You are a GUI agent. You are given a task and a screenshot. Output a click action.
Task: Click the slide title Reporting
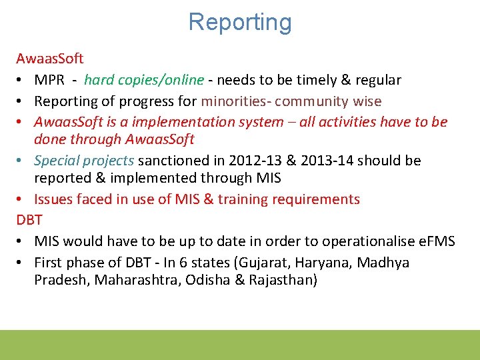point(240,22)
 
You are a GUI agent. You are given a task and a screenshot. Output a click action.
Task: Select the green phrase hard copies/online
point(144,81)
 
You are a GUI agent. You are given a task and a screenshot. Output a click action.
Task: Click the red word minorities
point(234,101)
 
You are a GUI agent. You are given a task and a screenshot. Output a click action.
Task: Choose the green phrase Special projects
point(84,161)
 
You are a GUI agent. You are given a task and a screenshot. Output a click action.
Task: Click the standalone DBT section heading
point(29,220)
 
